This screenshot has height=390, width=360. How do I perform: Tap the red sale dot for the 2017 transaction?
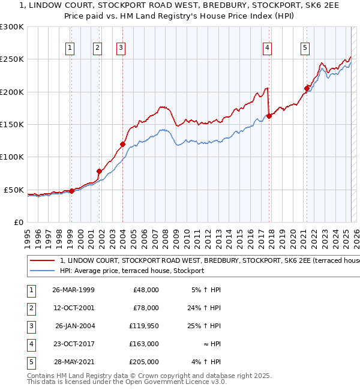[269, 116]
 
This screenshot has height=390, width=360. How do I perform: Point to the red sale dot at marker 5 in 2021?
[307, 89]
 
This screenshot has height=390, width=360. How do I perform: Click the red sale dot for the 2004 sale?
[122, 144]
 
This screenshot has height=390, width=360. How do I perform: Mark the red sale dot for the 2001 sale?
[99, 171]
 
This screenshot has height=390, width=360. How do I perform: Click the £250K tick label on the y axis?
[12, 59]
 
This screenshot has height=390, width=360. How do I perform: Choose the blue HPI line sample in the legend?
[43, 271]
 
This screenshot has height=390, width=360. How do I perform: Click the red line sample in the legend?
[43, 261]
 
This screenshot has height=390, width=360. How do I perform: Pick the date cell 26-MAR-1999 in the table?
[73, 290]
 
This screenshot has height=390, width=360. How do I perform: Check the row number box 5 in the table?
[30, 362]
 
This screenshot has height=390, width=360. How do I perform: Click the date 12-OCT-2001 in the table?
[73, 308]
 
